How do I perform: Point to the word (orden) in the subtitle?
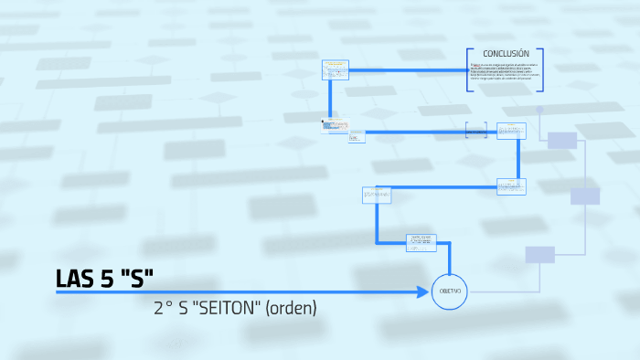click(291, 308)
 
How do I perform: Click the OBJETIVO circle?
click(451, 291)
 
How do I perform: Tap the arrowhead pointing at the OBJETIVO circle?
click(423, 291)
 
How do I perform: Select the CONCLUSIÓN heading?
click(506, 54)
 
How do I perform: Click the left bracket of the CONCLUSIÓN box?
click(469, 69)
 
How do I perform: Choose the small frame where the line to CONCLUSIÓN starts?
click(336, 69)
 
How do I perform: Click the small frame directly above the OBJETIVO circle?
click(421, 242)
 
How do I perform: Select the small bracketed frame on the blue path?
click(475, 132)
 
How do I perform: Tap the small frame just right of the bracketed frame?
click(511, 131)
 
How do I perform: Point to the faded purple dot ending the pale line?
click(539, 110)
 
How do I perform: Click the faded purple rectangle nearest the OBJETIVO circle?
click(539, 254)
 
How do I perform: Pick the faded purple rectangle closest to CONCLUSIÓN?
click(562, 140)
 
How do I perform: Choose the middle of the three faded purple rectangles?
click(584, 196)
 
